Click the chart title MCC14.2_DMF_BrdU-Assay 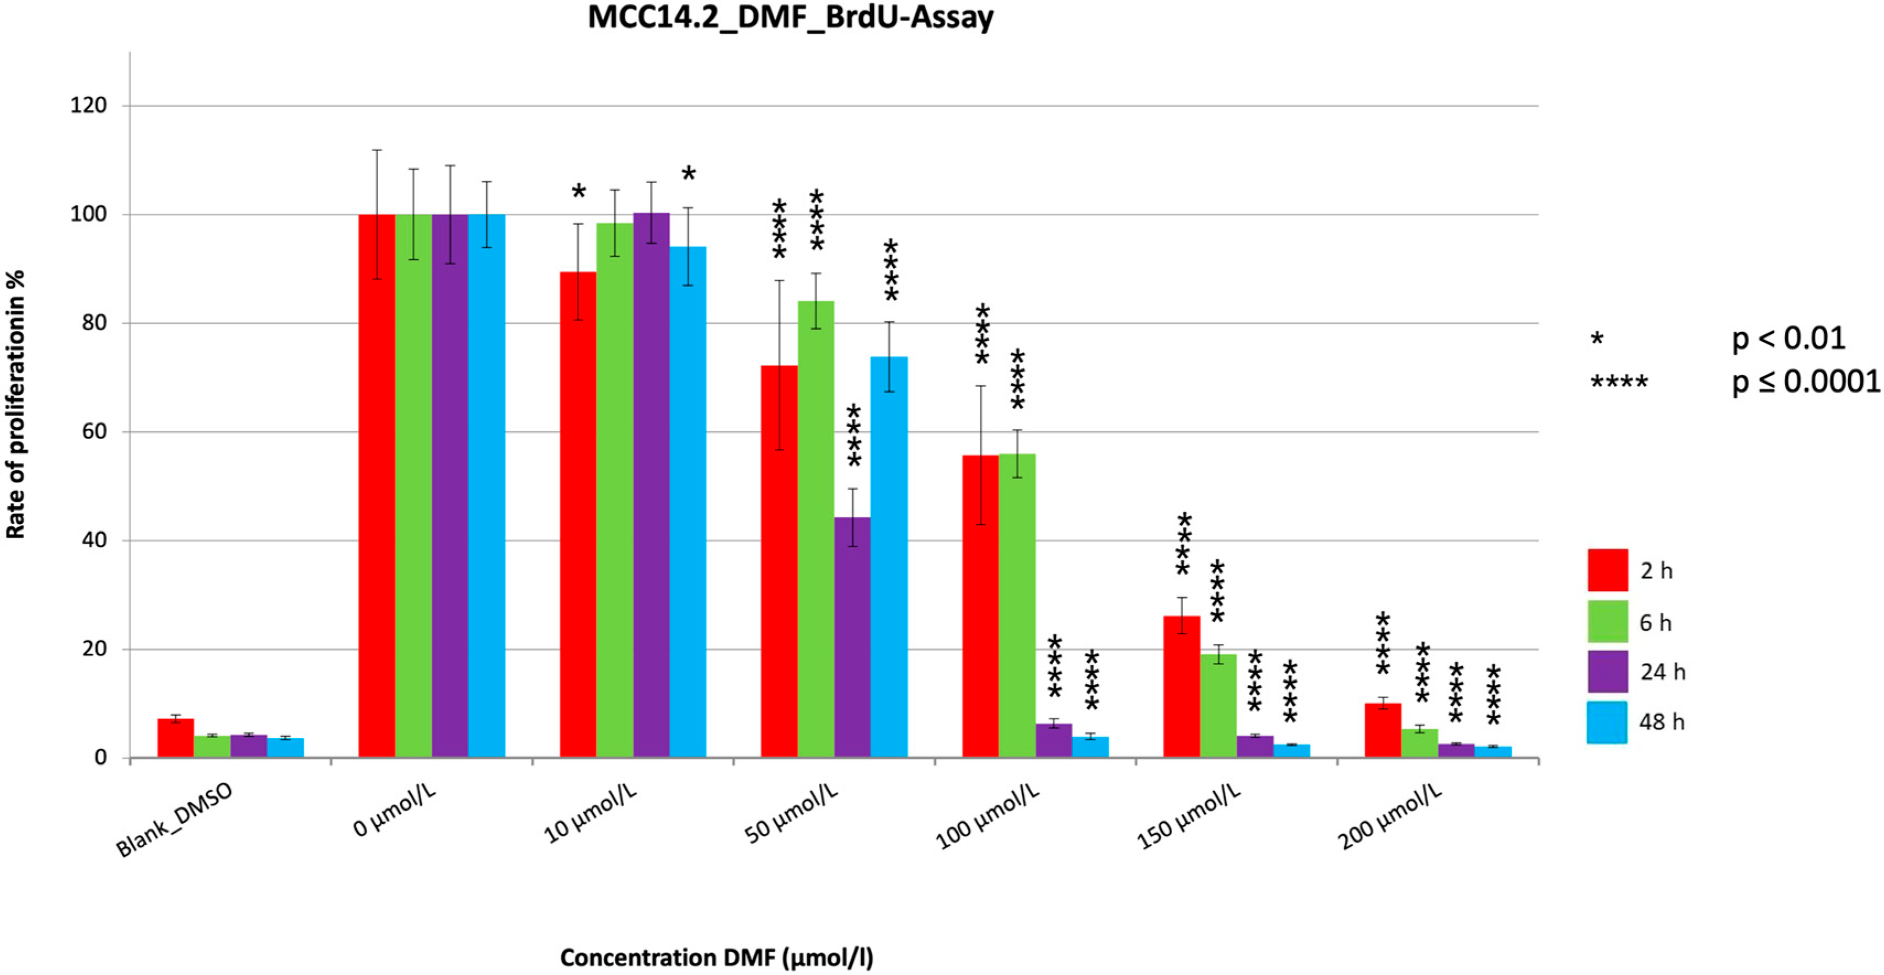pyautogui.click(x=791, y=18)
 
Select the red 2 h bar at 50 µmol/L pyautogui.click(x=779, y=561)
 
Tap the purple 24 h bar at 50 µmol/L pyautogui.click(x=852, y=637)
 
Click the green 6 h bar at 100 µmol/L pyautogui.click(x=1017, y=606)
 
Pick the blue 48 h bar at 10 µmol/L pyautogui.click(x=688, y=502)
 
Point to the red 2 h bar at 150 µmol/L pyautogui.click(x=1181, y=686)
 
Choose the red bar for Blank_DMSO pyautogui.click(x=175, y=738)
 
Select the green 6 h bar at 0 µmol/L pyautogui.click(x=413, y=486)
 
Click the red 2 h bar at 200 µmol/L pyautogui.click(x=1382, y=730)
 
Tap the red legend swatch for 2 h pyautogui.click(x=1608, y=570)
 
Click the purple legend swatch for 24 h pyautogui.click(x=1608, y=671)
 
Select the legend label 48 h pyautogui.click(x=1662, y=722)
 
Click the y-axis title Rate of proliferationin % pyautogui.click(x=15, y=404)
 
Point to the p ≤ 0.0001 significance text pyautogui.click(x=1806, y=381)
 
